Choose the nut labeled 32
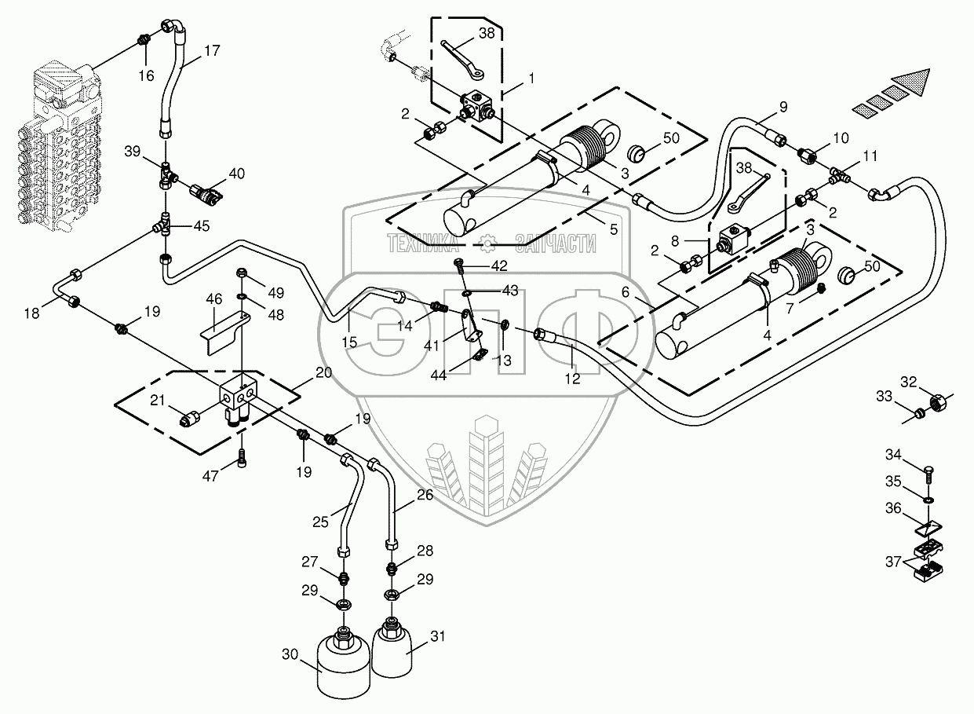pos(936,404)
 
